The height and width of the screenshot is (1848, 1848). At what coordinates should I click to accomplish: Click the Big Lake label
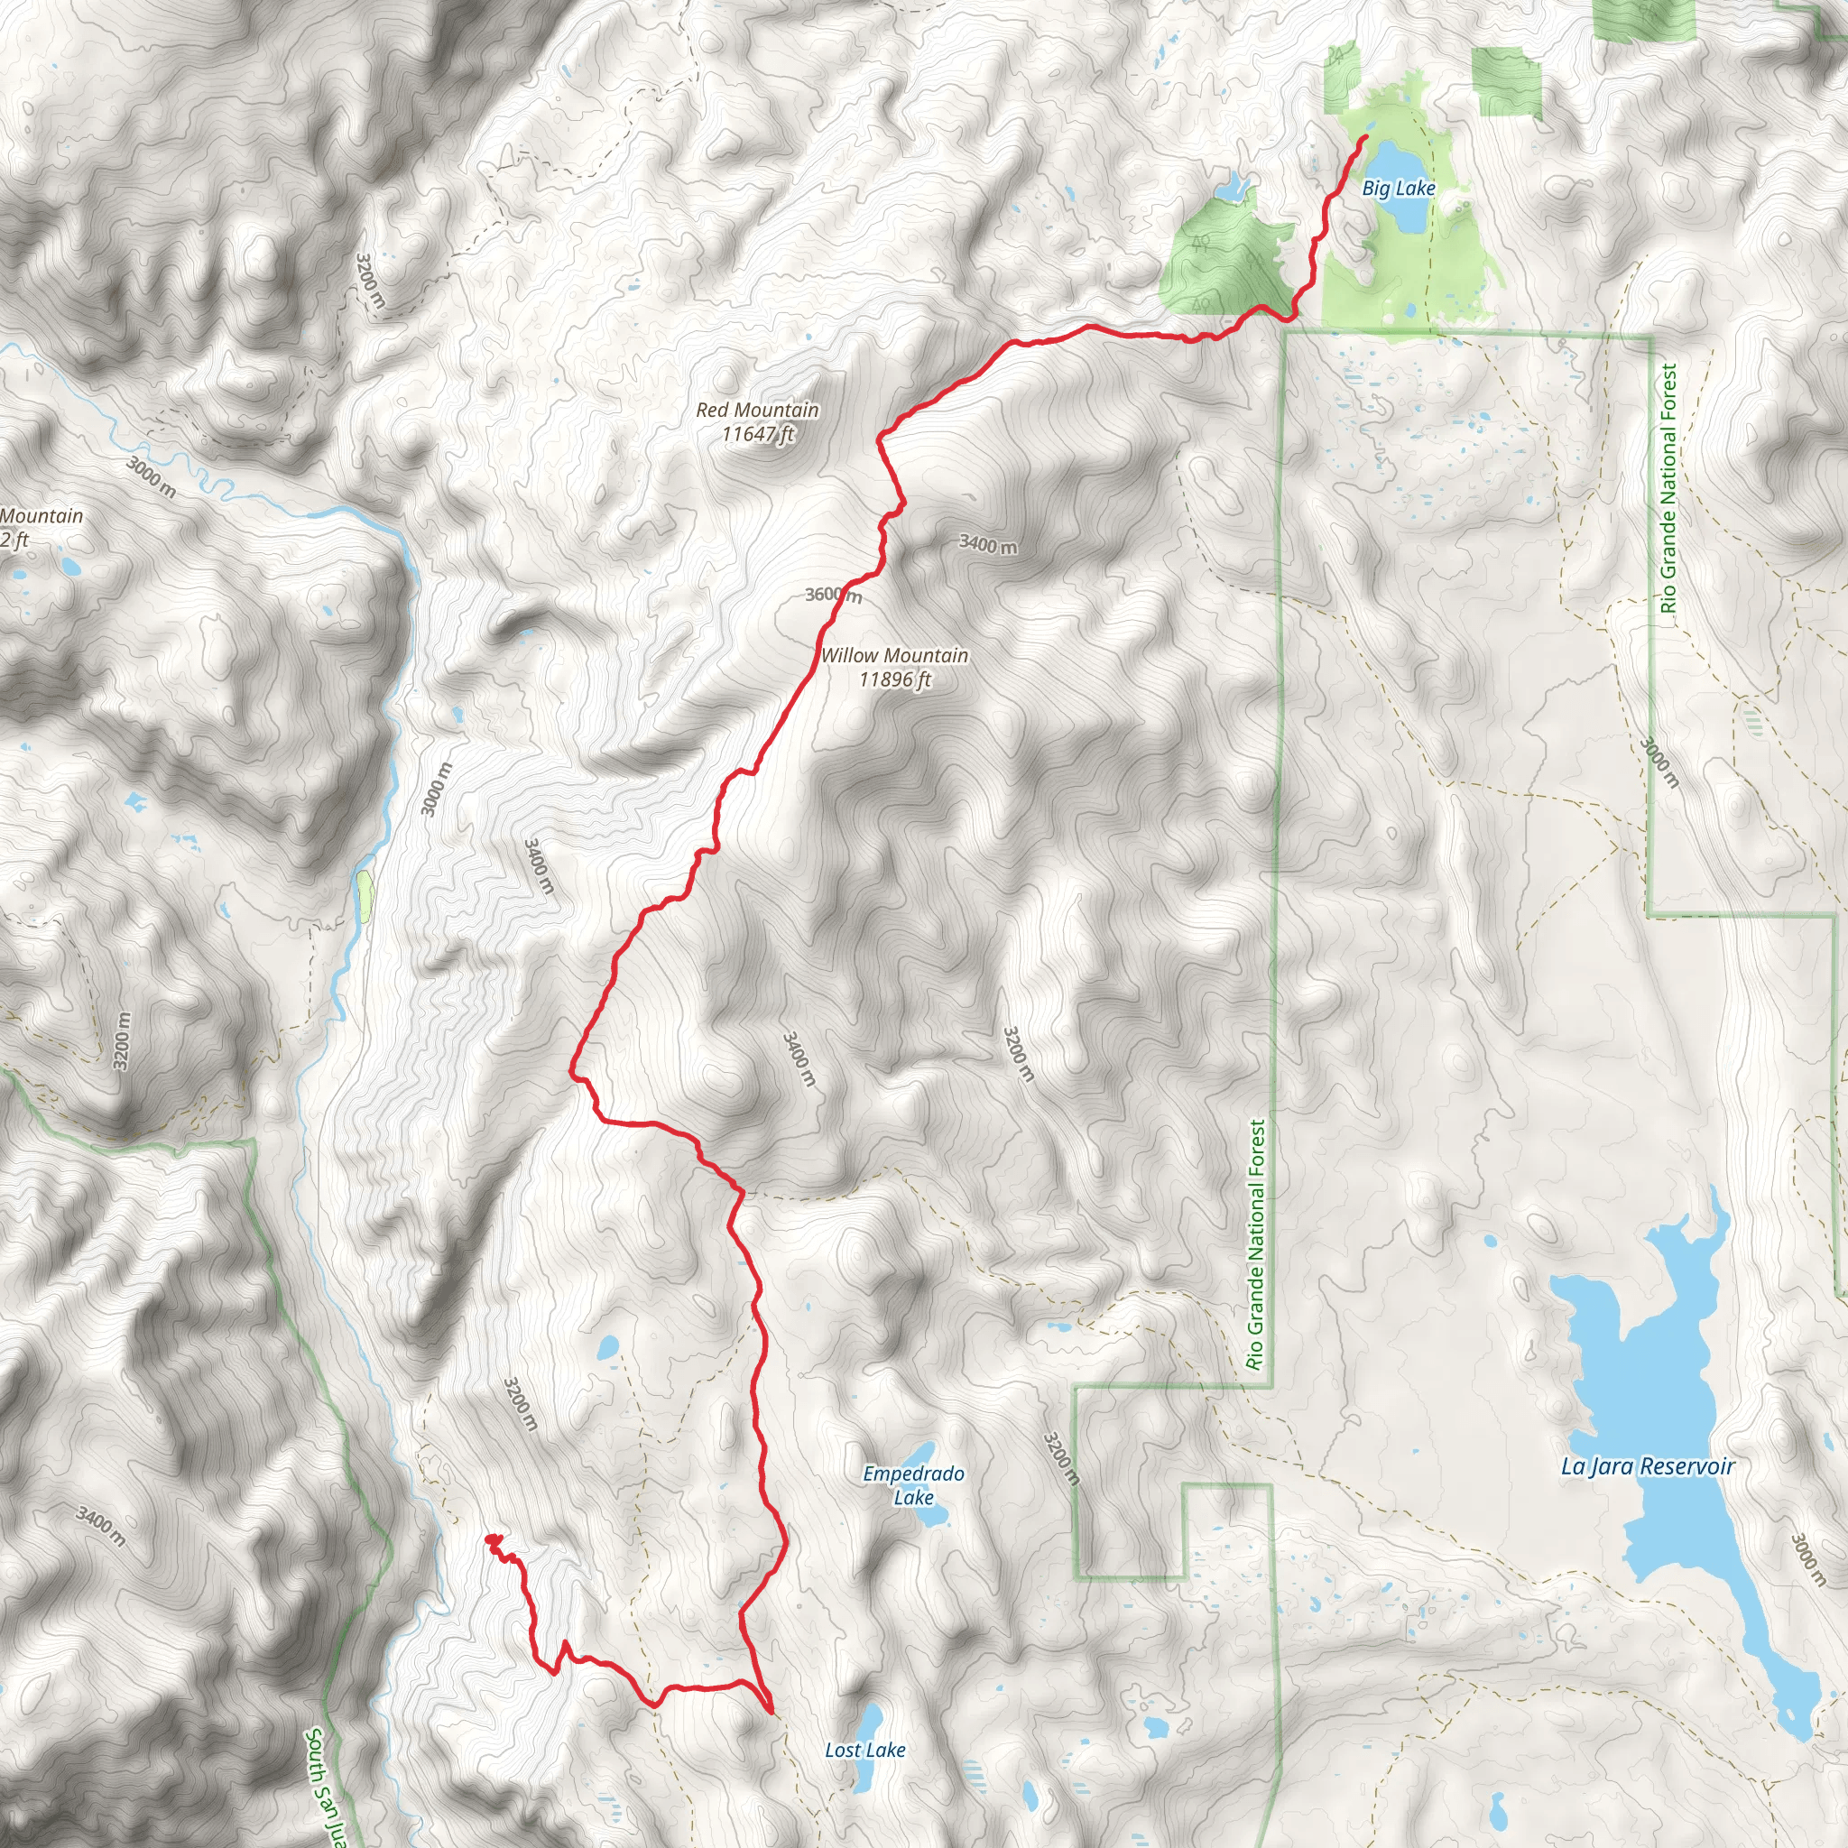(1398, 189)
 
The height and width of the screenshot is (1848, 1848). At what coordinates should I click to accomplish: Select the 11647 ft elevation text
(758, 435)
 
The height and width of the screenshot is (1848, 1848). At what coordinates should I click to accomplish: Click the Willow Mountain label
(894, 656)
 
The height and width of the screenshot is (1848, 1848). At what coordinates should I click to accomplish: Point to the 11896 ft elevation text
(894, 680)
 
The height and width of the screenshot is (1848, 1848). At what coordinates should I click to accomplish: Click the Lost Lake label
(864, 1751)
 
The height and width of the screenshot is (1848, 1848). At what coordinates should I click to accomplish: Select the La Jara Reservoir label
(1647, 1466)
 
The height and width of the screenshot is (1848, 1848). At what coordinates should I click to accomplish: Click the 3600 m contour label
(833, 596)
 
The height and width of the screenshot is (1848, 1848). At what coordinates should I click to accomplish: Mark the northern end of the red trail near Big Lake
(1365, 139)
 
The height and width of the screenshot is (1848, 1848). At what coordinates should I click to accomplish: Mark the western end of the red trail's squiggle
(489, 1539)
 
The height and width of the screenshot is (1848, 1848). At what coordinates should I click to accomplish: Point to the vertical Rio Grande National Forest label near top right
(1668, 488)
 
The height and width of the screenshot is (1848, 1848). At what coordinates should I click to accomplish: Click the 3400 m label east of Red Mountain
(988, 545)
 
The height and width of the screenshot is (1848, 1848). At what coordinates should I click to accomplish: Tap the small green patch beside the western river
(365, 896)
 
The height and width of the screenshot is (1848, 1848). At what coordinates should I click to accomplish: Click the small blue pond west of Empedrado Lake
(607, 1350)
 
